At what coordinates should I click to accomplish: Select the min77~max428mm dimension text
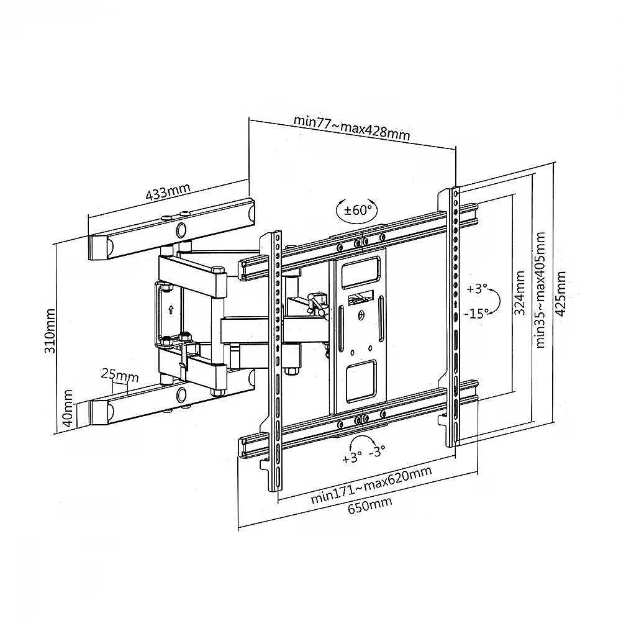[x=351, y=127]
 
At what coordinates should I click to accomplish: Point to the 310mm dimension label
[x=50, y=331]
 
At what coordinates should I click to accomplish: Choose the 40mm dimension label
[x=68, y=408]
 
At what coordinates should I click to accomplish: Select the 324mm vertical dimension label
[x=519, y=292]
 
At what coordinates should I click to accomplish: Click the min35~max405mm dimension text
[x=540, y=290]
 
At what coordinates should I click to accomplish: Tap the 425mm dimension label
[x=560, y=294]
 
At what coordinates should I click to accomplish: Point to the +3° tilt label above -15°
[x=476, y=289]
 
